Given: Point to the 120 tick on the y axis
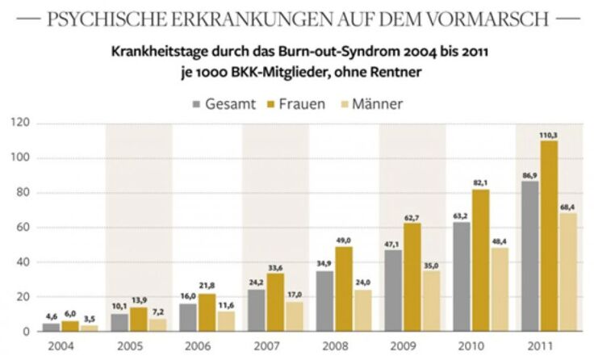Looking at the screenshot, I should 19,123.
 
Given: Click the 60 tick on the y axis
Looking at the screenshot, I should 23,228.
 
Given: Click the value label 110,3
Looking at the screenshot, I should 550,135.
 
